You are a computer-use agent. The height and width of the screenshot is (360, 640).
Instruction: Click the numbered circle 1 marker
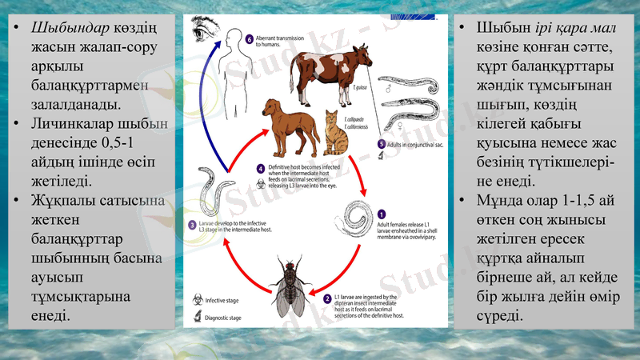(x=382, y=214)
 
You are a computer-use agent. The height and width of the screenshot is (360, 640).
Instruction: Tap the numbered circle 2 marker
(x=327, y=298)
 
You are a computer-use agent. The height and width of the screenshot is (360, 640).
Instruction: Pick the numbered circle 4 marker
(x=261, y=169)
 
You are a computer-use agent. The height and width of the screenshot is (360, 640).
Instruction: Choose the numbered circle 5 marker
(x=381, y=144)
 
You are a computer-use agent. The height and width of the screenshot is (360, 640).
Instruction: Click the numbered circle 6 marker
(x=250, y=38)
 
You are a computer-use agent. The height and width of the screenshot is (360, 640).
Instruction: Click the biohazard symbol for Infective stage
(x=196, y=300)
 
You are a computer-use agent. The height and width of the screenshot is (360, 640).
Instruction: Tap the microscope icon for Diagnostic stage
(x=196, y=318)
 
